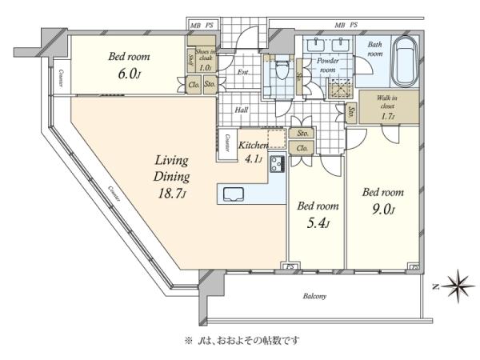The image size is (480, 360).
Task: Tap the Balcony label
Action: coord(314,297)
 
